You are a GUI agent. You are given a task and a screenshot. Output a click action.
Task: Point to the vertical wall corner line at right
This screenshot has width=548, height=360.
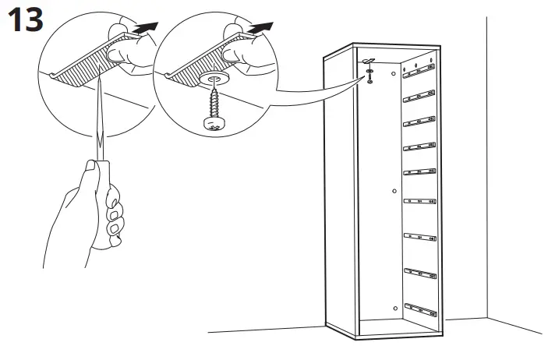pos(486,156)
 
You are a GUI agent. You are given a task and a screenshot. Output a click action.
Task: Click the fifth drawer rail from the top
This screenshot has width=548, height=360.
pos(419,172)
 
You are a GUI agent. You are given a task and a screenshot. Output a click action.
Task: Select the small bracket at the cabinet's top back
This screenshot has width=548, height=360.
pos(369,62)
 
